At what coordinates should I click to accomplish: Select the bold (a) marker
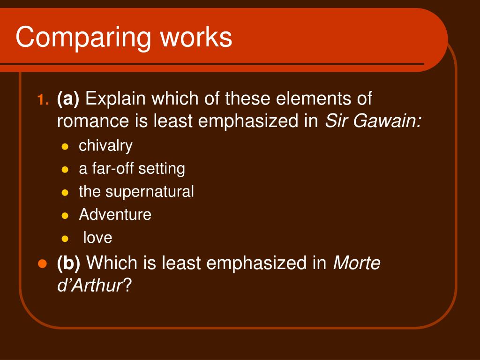point(68,99)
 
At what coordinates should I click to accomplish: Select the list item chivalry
point(105,146)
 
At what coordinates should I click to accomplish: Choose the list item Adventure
point(115,215)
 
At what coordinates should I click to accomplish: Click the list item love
point(97,238)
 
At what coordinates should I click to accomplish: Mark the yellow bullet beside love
point(65,239)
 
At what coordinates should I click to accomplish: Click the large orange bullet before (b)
point(42,263)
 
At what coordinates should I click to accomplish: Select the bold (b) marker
point(69,263)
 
